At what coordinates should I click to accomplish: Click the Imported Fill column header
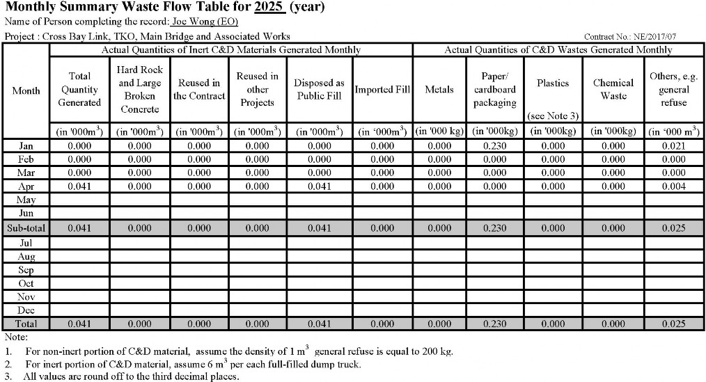click(x=382, y=90)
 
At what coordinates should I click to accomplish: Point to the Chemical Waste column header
click(x=613, y=90)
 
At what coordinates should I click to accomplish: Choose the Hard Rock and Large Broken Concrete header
click(x=140, y=90)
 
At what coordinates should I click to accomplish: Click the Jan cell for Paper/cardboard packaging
click(x=494, y=146)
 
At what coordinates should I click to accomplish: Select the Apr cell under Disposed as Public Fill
click(x=319, y=186)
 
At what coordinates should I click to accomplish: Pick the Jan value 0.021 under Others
click(x=673, y=146)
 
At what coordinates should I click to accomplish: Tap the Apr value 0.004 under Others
click(x=673, y=186)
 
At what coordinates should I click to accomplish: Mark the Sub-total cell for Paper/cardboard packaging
click(x=494, y=228)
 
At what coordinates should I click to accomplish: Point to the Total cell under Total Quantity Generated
click(x=80, y=324)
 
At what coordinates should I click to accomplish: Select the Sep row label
click(x=26, y=270)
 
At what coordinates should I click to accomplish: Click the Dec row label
click(x=26, y=310)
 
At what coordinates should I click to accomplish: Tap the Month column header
click(x=26, y=90)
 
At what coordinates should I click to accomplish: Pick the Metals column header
click(x=439, y=90)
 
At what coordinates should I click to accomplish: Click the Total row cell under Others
click(x=673, y=324)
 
